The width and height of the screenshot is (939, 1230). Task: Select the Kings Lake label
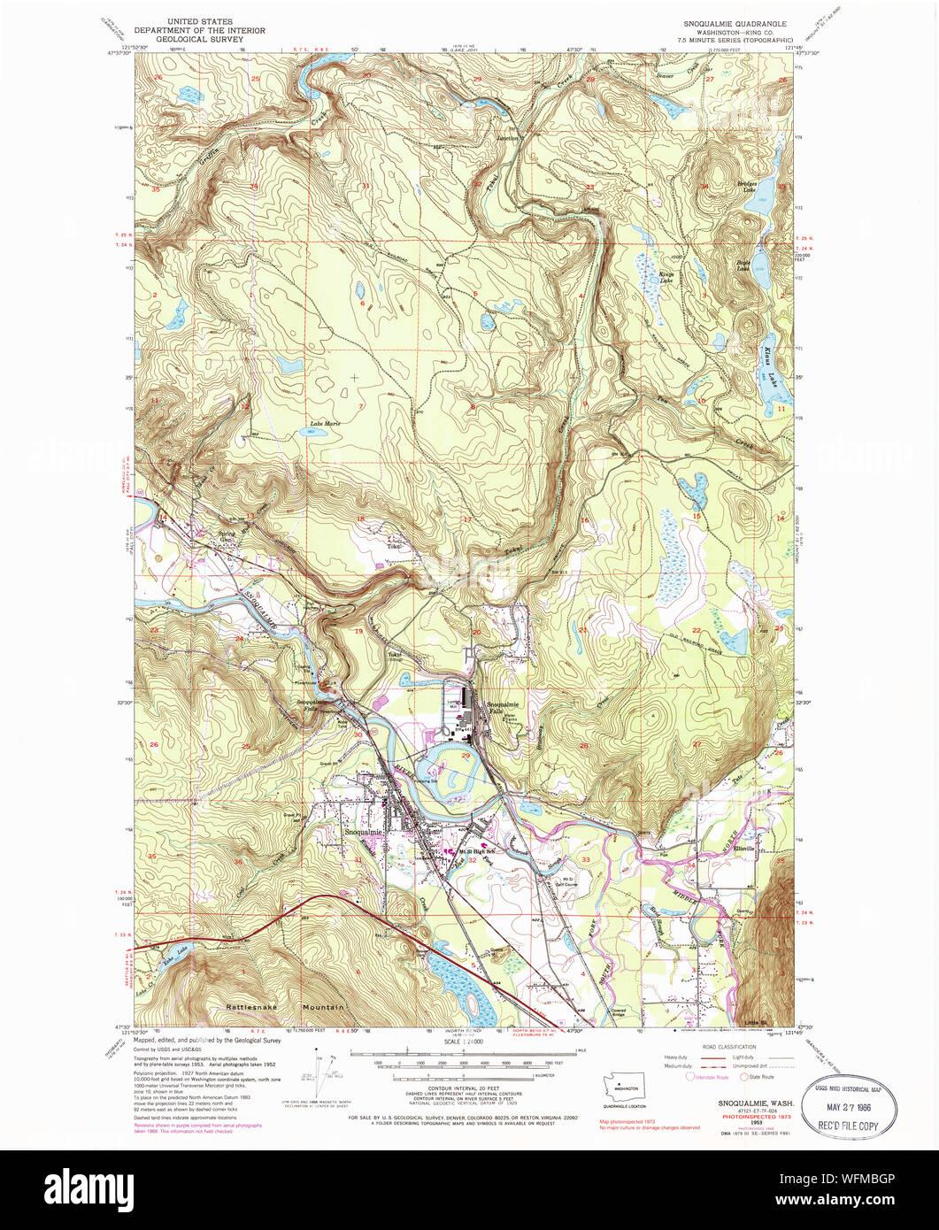(667, 277)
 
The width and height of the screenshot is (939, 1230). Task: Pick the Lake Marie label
(325, 424)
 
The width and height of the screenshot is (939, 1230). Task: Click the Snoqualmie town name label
(365, 832)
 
